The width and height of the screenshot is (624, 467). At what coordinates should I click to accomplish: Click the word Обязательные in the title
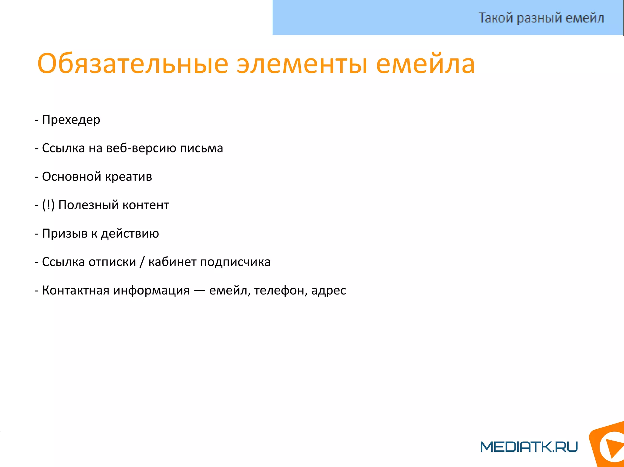[133, 64]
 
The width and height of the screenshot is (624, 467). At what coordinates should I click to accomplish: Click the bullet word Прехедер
[71, 120]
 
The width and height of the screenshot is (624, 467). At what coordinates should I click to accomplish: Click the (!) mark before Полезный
[48, 205]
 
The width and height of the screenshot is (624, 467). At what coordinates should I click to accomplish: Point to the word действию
[130, 234]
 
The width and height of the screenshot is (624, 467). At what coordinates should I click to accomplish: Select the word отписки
[112, 262]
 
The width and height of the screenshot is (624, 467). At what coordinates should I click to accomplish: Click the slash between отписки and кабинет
[142, 262]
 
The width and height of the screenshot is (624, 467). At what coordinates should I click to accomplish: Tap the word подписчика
[235, 262]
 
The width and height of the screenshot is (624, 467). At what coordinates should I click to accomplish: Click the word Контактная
[75, 290]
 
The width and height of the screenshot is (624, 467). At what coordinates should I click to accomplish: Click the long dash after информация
[199, 291]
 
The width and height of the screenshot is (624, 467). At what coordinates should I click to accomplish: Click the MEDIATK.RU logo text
[529, 447]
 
